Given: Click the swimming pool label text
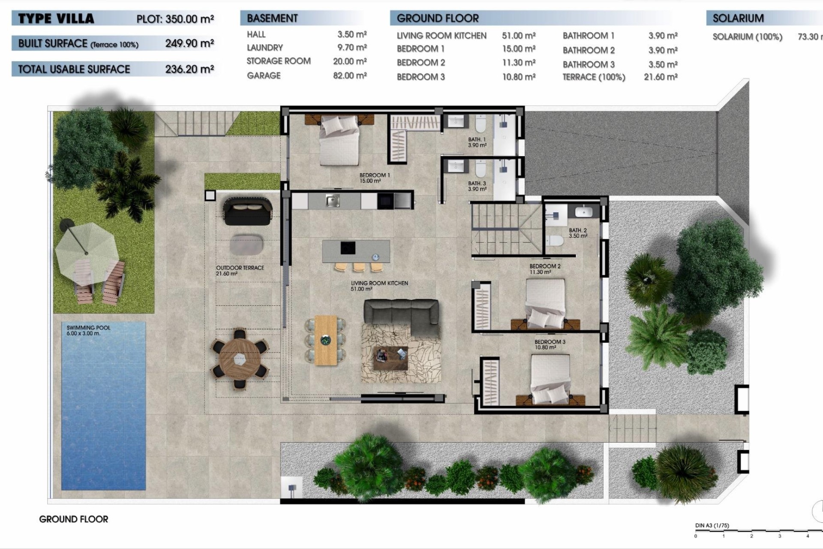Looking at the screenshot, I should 88,330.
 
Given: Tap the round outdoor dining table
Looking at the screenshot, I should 240,359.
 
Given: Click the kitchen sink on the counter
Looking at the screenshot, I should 332,200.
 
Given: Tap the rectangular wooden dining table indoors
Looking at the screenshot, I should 326,340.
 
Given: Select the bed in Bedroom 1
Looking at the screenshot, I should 339,142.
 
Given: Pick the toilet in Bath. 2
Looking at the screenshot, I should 554,241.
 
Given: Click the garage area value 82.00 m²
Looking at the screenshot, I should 350,75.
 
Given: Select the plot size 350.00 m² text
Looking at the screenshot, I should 175,19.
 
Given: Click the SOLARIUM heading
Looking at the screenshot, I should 738,18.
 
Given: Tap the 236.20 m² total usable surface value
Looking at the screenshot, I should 189,69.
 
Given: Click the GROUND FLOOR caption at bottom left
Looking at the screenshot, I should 74,519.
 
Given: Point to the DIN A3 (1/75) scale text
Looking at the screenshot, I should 712,525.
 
